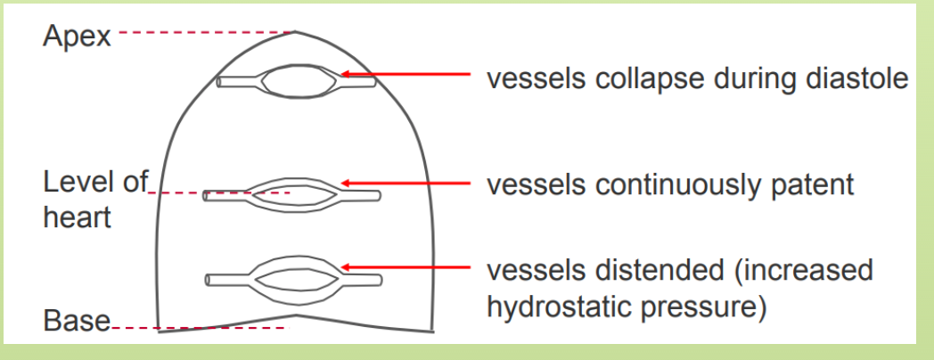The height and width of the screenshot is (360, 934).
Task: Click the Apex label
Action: [x=78, y=36]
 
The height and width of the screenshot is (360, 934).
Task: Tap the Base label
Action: [x=77, y=322]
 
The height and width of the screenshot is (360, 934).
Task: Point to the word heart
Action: [x=77, y=216]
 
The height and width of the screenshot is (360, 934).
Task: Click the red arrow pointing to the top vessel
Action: [x=405, y=76]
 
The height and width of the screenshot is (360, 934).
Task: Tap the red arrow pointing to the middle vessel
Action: [x=405, y=184]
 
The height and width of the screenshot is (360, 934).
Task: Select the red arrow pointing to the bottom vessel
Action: [x=405, y=266]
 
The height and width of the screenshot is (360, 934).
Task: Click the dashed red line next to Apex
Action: [x=205, y=34]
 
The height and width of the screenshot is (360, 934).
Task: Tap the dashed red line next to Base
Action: [x=201, y=329]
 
